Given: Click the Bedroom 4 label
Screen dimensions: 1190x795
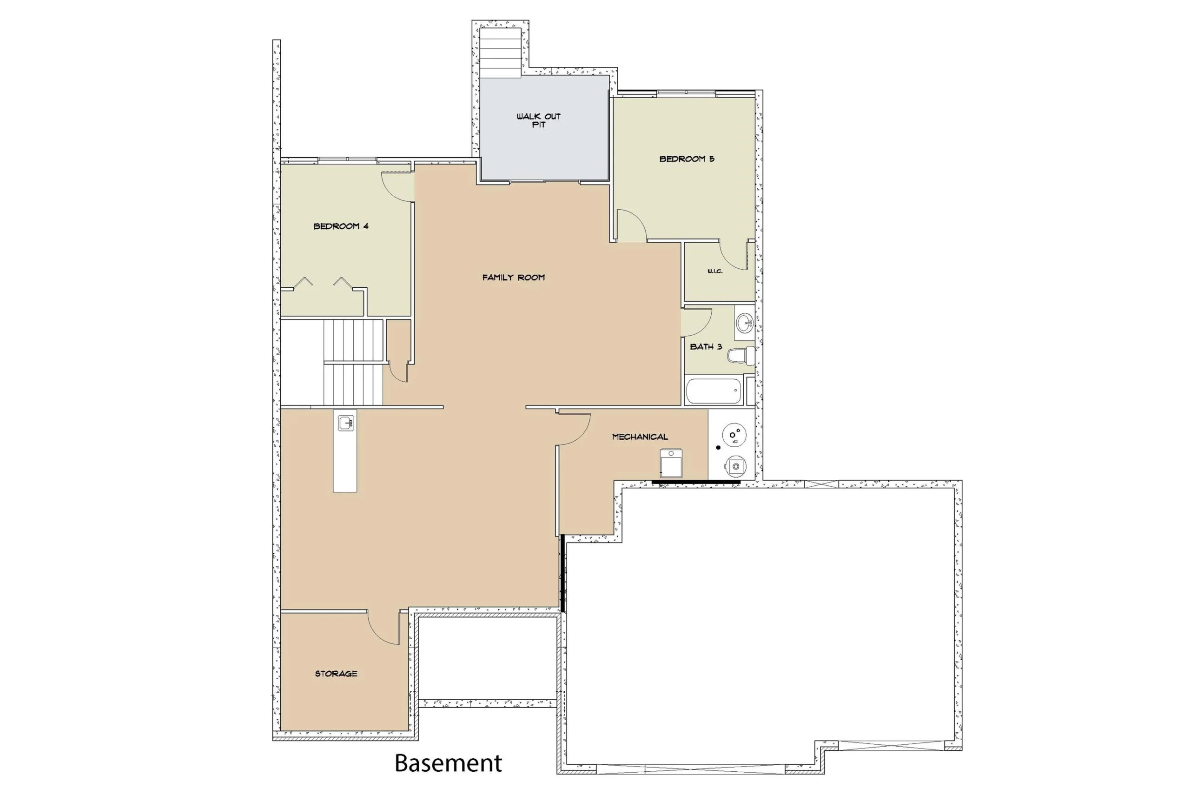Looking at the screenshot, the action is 341,226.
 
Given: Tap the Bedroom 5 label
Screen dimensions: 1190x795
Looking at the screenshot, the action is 687,159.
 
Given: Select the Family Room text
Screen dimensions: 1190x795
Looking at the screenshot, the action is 513,278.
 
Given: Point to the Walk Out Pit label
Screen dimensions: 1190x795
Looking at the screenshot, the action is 539,120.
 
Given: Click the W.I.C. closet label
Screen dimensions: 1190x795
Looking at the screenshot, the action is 715,271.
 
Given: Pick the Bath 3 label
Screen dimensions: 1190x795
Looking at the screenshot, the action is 706,347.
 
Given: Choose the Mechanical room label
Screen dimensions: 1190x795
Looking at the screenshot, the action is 640,437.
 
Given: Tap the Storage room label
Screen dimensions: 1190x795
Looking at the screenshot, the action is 336,674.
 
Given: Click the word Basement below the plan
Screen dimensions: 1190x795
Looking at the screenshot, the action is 449,763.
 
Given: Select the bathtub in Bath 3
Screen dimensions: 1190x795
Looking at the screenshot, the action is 713,391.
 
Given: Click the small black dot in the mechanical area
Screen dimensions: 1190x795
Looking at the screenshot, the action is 718,448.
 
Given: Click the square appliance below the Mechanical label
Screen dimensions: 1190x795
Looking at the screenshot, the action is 671,463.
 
